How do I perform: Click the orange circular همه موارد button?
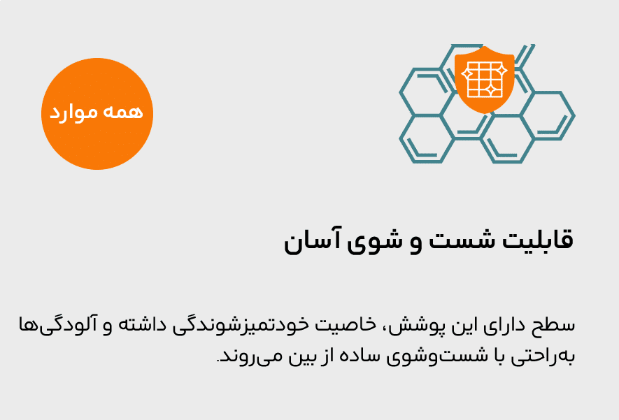(x=97, y=114)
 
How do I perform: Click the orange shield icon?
(x=485, y=79)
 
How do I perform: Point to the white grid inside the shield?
(x=485, y=79)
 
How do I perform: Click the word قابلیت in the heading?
(x=537, y=240)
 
